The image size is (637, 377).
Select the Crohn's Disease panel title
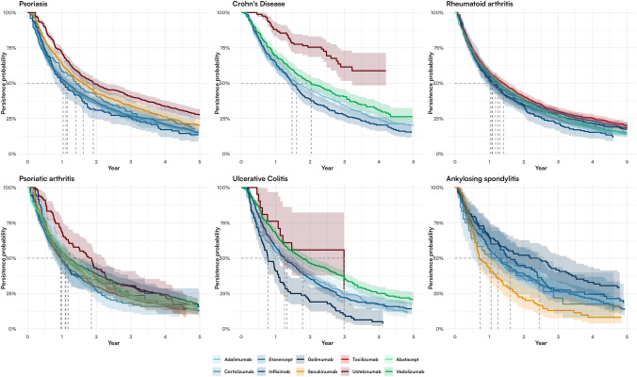tap(243, 4)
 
